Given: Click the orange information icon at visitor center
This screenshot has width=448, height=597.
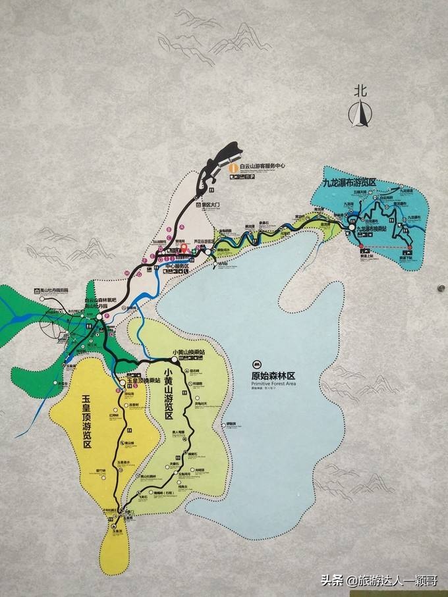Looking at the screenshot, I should click(x=232, y=167).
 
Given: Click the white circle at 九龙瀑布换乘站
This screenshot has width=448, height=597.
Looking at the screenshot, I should click(x=351, y=228).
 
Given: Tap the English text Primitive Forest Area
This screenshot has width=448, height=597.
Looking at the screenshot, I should click(x=273, y=384).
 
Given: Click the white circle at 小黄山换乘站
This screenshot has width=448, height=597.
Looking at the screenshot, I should click(x=167, y=360).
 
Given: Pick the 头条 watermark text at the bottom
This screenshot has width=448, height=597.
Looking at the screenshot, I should click(x=331, y=581).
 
